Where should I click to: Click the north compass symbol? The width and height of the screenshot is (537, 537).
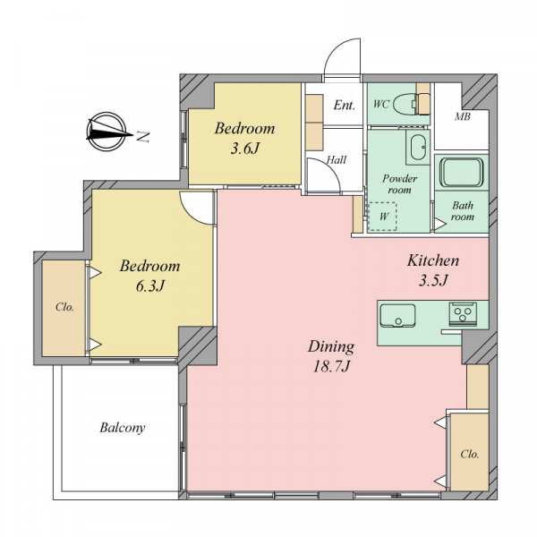click(107, 132)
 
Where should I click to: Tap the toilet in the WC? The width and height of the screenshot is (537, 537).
click(405, 104)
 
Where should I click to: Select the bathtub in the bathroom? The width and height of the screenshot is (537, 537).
click(461, 172)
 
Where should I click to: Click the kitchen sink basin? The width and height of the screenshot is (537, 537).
click(397, 316)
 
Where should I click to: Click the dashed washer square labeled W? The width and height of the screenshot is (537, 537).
click(382, 217)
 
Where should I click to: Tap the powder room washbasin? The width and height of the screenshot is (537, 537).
click(418, 147)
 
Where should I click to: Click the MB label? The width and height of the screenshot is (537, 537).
click(463, 116)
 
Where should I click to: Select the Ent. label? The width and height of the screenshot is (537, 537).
click(345, 105)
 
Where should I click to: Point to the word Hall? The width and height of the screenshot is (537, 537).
click(337, 159)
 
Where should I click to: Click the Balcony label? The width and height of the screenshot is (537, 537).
click(123, 428)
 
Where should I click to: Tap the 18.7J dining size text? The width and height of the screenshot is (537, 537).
click(331, 366)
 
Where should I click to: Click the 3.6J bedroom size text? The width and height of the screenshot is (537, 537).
click(244, 149)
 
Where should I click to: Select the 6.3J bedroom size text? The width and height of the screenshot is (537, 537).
click(150, 286)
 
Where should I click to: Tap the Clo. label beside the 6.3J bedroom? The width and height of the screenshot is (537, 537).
click(64, 307)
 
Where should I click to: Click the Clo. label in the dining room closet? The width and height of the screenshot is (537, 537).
click(470, 454)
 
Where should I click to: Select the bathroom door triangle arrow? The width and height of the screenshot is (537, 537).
click(440, 224)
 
